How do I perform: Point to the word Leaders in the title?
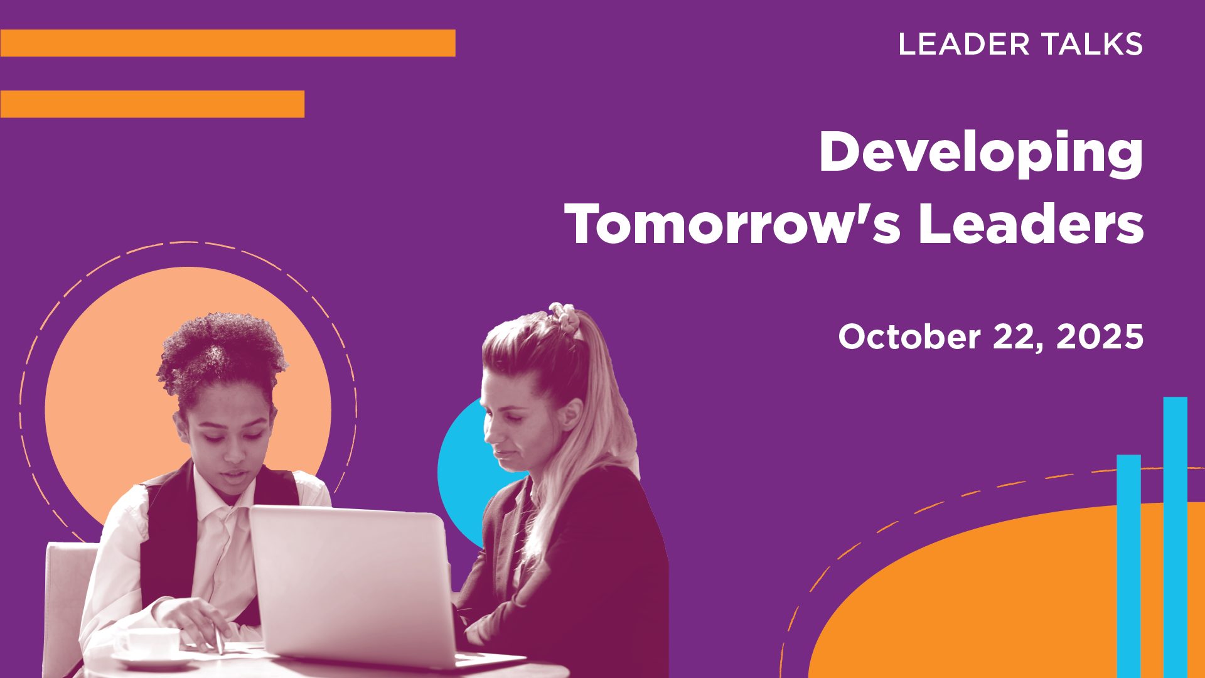(1031, 224)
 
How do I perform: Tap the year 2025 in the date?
(1100, 337)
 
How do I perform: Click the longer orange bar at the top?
(228, 43)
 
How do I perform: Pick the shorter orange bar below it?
(153, 104)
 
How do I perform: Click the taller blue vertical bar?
(1175, 537)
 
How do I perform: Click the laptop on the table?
(364, 587)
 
